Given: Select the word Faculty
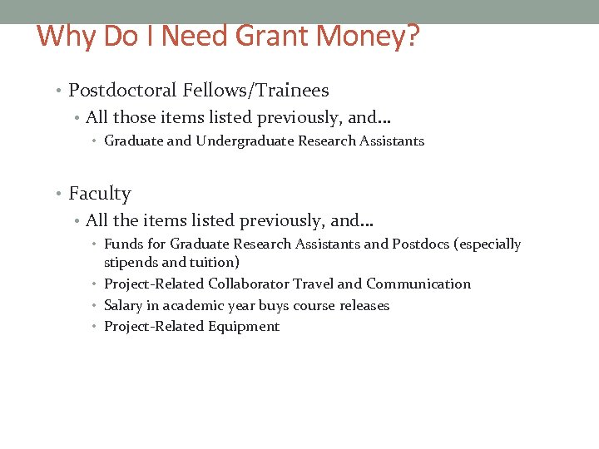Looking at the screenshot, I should pyautogui.click(x=100, y=194).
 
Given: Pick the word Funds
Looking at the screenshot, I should pyautogui.click(x=123, y=244).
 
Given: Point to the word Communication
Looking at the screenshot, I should pyautogui.click(x=418, y=284).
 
